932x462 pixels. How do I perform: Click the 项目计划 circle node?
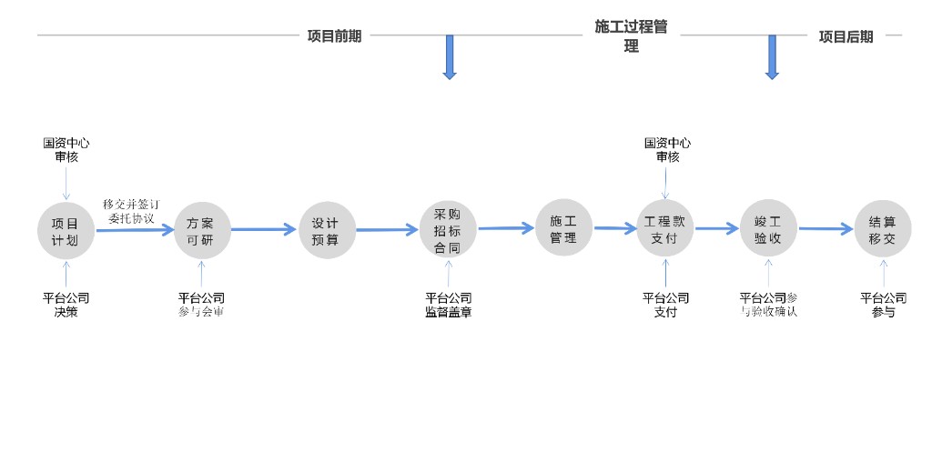tap(66, 230)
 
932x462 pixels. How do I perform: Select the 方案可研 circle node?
tap(202, 230)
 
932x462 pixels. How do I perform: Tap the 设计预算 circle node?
tap(327, 230)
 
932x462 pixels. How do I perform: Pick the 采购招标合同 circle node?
tap(447, 230)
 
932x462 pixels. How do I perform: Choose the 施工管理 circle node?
tap(563, 228)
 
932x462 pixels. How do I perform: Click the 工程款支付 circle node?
tap(665, 230)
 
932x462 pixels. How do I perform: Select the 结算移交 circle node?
tap(882, 230)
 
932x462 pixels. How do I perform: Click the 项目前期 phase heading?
tap(334, 36)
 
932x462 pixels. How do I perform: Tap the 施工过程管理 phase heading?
tap(631, 36)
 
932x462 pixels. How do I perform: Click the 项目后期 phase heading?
tap(846, 36)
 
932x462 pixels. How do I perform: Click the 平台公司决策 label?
tap(66, 305)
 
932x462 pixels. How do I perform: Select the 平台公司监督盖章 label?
tap(448, 305)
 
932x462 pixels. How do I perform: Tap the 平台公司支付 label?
tap(665, 305)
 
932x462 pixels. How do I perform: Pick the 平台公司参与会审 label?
tap(201, 305)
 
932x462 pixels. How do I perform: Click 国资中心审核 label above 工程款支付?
tap(667, 150)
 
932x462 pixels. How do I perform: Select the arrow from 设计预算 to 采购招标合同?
tap(387, 230)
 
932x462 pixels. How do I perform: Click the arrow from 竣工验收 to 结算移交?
tap(826, 230)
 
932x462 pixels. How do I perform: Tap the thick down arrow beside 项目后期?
tap(772, 57)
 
